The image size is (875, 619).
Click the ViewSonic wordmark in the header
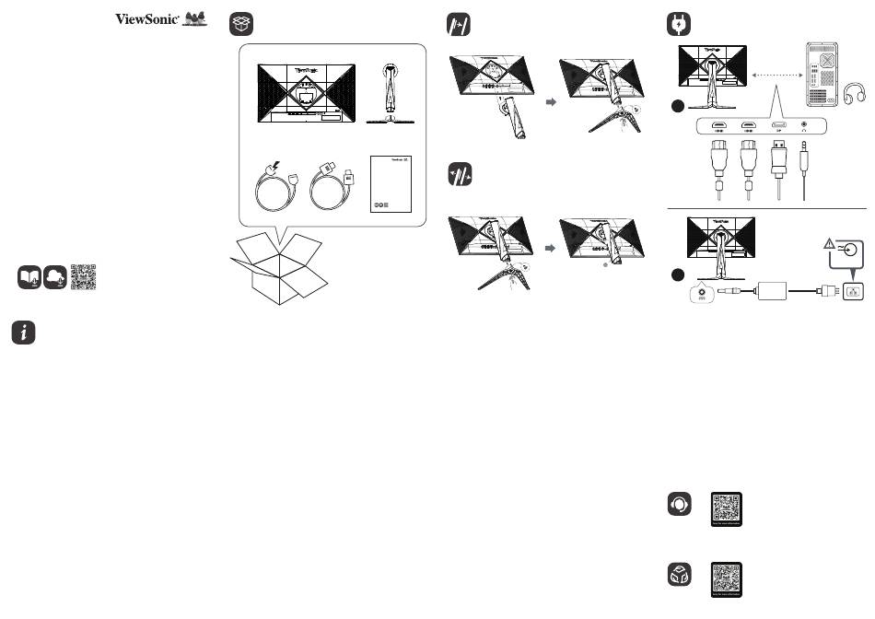[x=146, y=18]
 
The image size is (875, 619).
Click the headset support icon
[x=680, y=505]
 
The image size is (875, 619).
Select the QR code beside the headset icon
[x=727, y=509]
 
